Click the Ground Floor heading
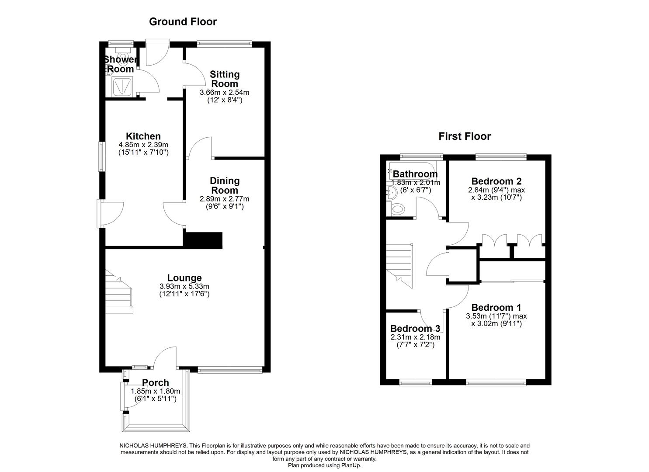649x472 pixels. pyautogui.click(x=183, y=21)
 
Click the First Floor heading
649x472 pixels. pyautogui.click(x=465, y=136)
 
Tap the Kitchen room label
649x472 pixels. pyautogui.click(x=143, y=136)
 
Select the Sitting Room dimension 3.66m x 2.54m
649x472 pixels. pyautogui.click(x=224, y=93)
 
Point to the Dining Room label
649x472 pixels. pyautogui.click(x=225, y=185)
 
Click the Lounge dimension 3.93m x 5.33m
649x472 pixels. pyautogui.click(x=184, y=287)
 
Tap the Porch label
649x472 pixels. pyautogui.click(x=155, y=383)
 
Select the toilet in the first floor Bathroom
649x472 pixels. pyautogui.click(x=397, y=209)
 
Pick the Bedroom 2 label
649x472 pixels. pyautogui.click(x=496, y=181)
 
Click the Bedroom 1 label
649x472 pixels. pyautogui.click(x=496, y=308)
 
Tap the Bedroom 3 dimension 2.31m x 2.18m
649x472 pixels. pyautogui.click(x=415, y=337)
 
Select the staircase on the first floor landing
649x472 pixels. pyautogui.click(x=399, y=265)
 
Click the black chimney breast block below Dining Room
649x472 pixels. pyautogui.click(x=203, y=240)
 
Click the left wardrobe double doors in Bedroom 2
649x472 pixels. pyautogui.click(x=494, y=241)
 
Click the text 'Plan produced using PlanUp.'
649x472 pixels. pyautogui.click(x=324, y=465)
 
